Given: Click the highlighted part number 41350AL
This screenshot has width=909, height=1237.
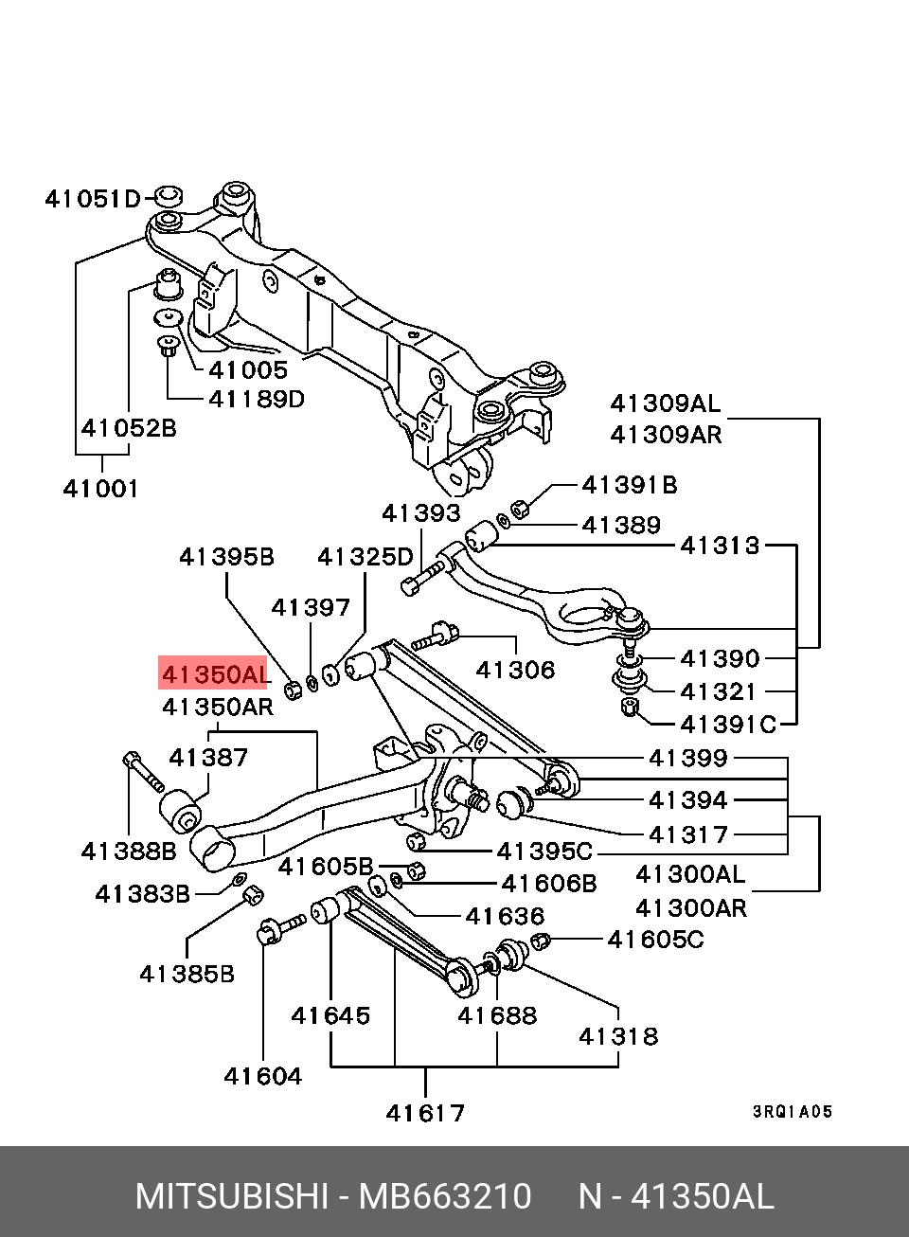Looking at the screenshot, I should point(215,674).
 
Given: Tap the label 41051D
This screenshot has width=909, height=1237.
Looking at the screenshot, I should point(93,199).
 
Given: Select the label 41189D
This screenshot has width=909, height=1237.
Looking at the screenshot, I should point(256,399).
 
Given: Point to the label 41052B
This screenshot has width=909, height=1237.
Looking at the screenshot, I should point(128,428).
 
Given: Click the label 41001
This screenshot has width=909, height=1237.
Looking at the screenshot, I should point(101,489).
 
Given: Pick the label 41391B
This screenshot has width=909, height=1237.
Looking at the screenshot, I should point(630,485).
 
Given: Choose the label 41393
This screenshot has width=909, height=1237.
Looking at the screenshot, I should point(420,513).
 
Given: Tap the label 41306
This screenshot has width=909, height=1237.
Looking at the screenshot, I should point(515,670).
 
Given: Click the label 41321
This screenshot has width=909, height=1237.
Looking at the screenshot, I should point(719,691).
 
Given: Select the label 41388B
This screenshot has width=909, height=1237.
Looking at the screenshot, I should point(128,851).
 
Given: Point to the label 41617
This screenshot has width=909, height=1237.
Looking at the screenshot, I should point(425,1112).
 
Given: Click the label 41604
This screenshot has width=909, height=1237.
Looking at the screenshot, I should point(262,1076).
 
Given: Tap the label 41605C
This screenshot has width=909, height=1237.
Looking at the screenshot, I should point(656,940).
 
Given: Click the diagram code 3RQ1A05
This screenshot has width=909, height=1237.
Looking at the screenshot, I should point(793,1112).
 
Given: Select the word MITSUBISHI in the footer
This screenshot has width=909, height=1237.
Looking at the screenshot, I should point(231,1196).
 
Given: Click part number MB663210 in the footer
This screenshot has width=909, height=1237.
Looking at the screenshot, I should point(444,1196).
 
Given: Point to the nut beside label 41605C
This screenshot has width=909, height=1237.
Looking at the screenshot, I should point(541,941).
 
